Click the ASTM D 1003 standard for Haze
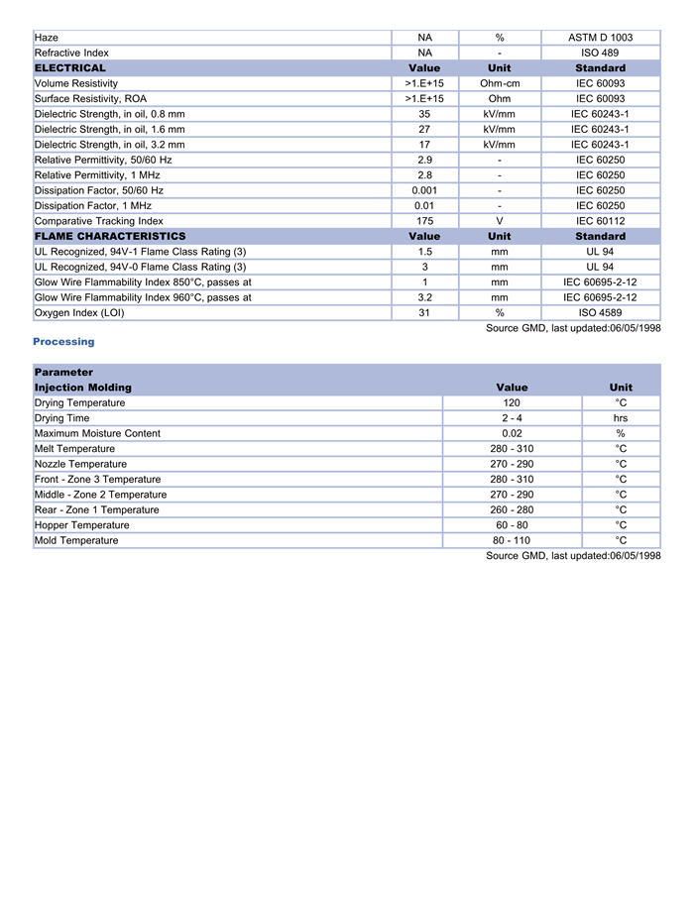pos(600,38)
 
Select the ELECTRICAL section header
pos(70,68)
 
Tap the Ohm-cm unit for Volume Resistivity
pos(500,83)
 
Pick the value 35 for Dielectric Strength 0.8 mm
pos(424,114)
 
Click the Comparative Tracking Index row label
pos(99,221)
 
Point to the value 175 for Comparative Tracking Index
pos(424,221)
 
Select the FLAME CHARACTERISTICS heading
pos(110,237)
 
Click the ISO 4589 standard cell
pos(600,313)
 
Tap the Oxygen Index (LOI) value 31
pos(424,313)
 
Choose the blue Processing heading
pos(63,342)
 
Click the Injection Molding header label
pos(83,388)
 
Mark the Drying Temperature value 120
pos(512,403)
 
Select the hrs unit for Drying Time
pos(621,418)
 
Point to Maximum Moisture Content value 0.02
pos(512,433)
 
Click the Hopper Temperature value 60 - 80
pos(512,525)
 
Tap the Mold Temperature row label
pos(76,540)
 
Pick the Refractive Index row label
pos(72,53)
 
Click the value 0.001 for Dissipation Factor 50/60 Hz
pos(424,190)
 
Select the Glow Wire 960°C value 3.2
pos(424,297)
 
